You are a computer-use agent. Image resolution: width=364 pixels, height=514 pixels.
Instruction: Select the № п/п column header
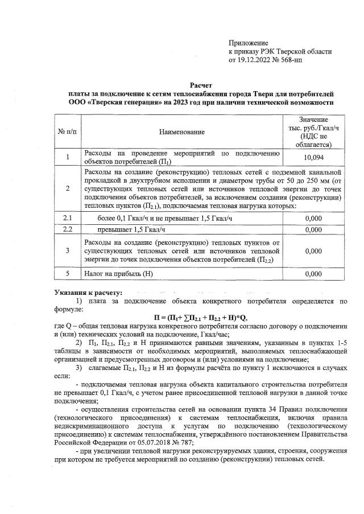click(68, 132)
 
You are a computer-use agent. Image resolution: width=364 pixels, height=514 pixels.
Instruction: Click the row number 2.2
click(68, 229)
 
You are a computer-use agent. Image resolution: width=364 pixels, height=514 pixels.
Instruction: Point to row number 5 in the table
click(68, 274)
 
